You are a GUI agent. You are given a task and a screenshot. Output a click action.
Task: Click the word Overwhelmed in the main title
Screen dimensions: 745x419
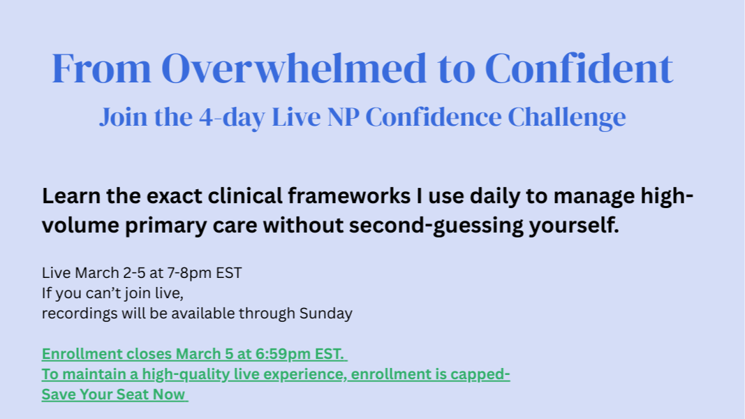294,68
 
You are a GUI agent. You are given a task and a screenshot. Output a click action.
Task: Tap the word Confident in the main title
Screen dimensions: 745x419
579,68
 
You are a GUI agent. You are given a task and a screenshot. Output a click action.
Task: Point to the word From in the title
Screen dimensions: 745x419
101,68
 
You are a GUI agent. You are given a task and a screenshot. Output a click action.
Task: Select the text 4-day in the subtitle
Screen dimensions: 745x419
231,117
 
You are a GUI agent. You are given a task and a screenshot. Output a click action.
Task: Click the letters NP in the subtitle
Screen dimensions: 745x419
343,117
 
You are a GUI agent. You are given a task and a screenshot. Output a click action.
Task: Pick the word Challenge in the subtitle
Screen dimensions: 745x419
566,117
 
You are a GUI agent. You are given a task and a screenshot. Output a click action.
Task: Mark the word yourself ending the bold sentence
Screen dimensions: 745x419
574,225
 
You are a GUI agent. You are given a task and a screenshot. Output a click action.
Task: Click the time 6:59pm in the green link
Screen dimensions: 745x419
282,354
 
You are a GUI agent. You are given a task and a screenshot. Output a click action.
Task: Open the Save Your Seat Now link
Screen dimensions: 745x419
114,395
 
